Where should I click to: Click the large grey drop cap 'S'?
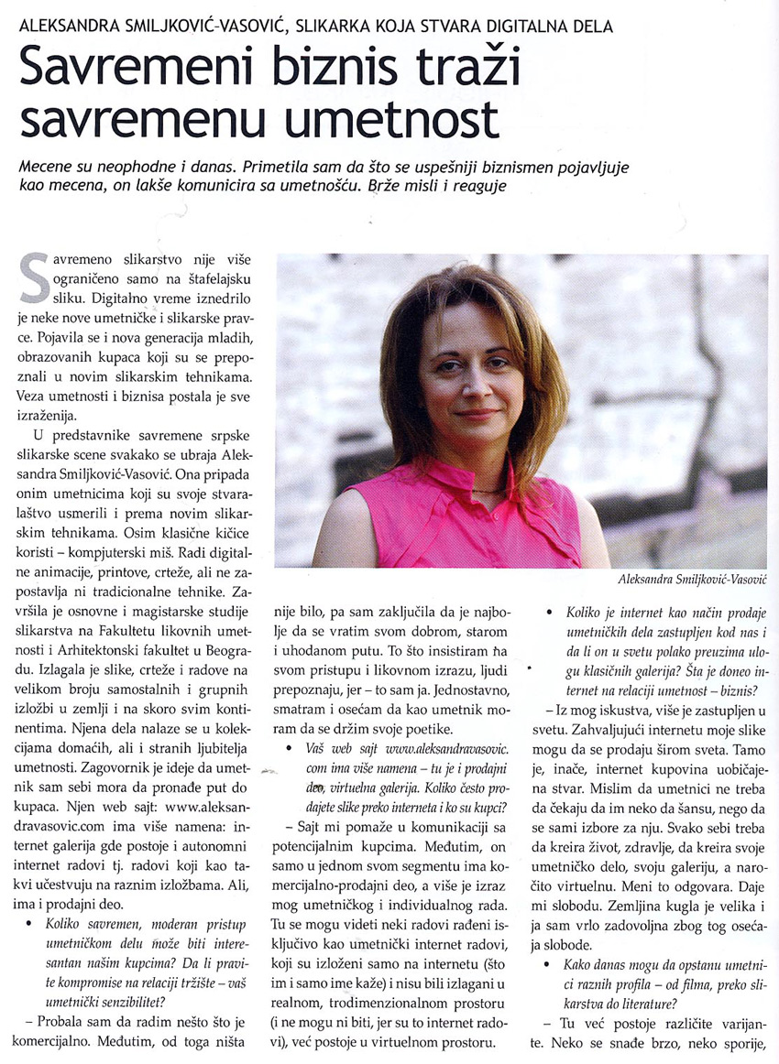pyautogui.click(x=33, y=277)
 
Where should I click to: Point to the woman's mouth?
pyautogui.click(x=477, y=414)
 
